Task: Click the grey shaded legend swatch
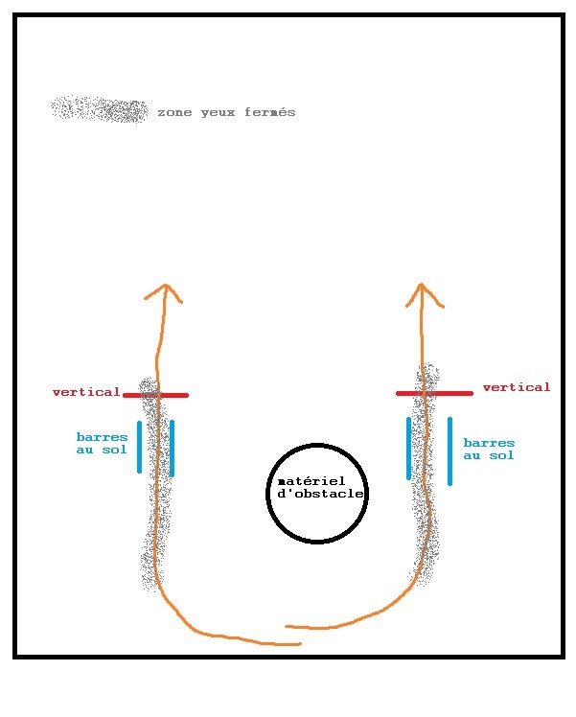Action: coord(100,109)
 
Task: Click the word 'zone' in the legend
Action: coord(174,113)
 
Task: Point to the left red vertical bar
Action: coord(155,395)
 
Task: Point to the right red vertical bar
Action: coord(434,393)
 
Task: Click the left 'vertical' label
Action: coord(86,392)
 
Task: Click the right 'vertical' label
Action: coord(517,387)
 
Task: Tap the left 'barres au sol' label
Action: coord(102,443)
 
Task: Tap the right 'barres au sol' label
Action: coord(489,450)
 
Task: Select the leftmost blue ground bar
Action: coord(140,447)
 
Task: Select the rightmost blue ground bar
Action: coord(449,451)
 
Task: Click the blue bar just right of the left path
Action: coord(172,448)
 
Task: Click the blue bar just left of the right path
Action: coord(409,448)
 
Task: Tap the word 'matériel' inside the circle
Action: coord(310,481)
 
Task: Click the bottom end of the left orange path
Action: coord(299,644)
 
